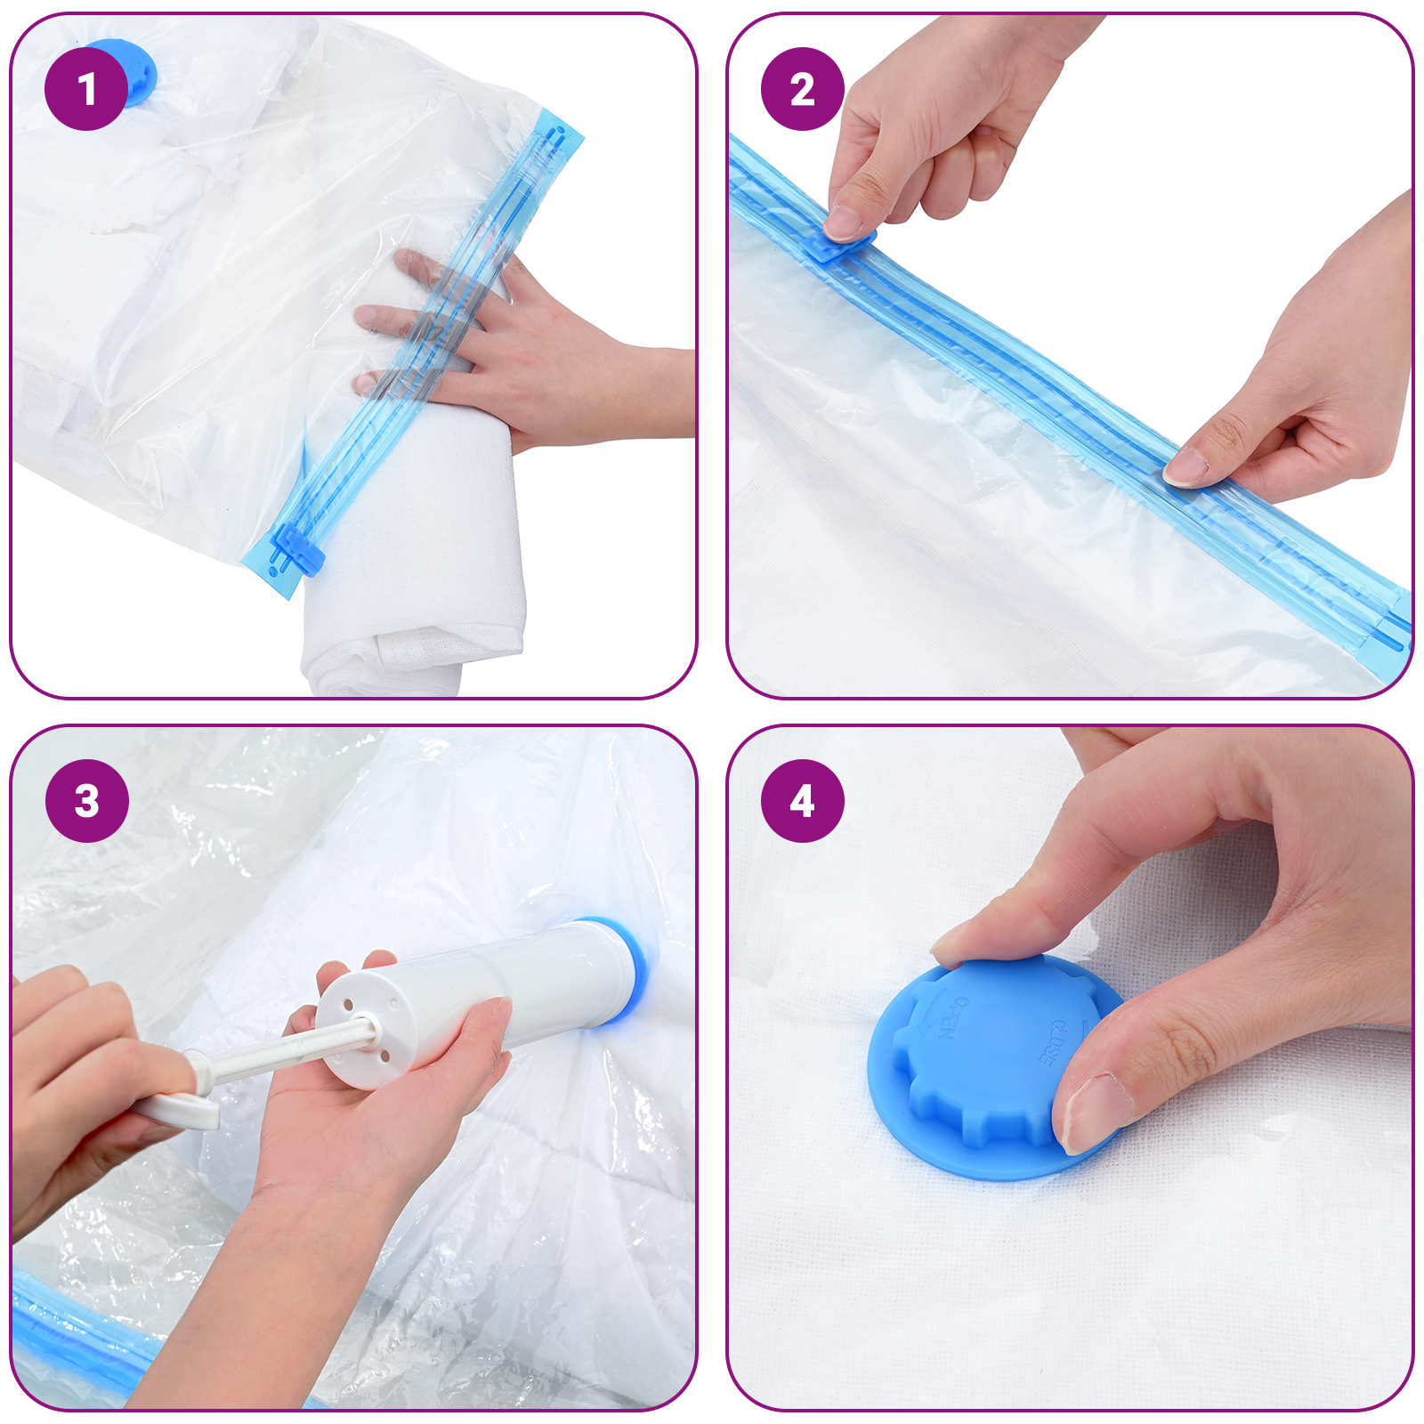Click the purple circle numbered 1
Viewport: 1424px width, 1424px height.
(x=86, y=89)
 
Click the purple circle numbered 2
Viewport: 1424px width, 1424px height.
(x=802, y=89)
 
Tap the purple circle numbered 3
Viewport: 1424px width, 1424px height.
(x=86, y=800)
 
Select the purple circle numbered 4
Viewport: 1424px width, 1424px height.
(x=802, y=800)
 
